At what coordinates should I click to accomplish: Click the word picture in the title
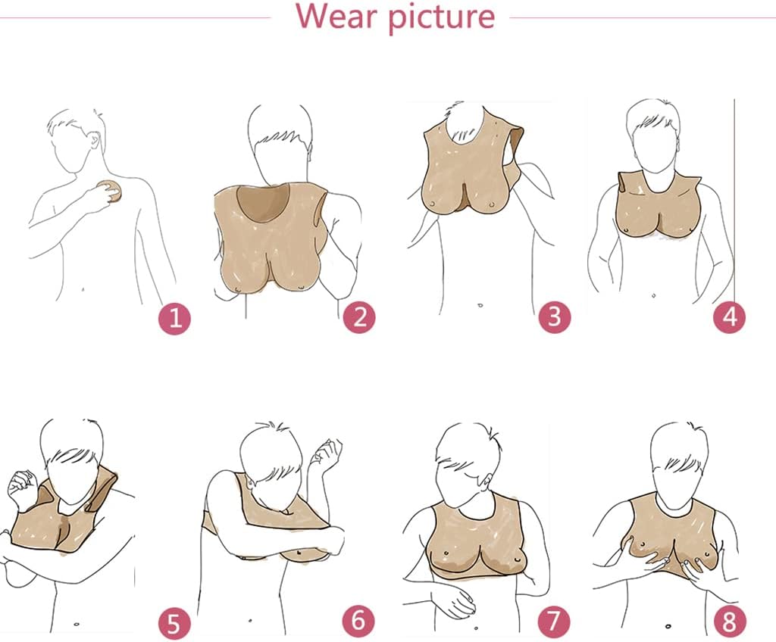[441, 18]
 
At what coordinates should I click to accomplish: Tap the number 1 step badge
[175, 318]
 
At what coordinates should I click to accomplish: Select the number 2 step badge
[360, 316]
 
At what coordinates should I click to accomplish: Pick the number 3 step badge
[555, 316]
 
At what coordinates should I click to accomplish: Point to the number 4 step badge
[730, 316]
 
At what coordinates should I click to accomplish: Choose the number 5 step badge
[174, 622]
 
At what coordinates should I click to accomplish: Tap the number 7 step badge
[554, 620]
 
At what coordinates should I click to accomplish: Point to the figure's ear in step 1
[95, 139]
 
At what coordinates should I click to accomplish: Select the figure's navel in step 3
[480, 305]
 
